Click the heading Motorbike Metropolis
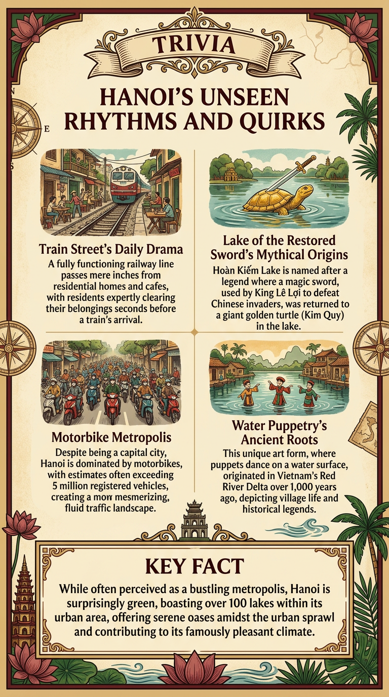click(x=111, y=437)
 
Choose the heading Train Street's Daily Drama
click(x=110, y=249)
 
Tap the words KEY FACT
click(x=194, y=566)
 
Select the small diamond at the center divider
click(x=194, y=331)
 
